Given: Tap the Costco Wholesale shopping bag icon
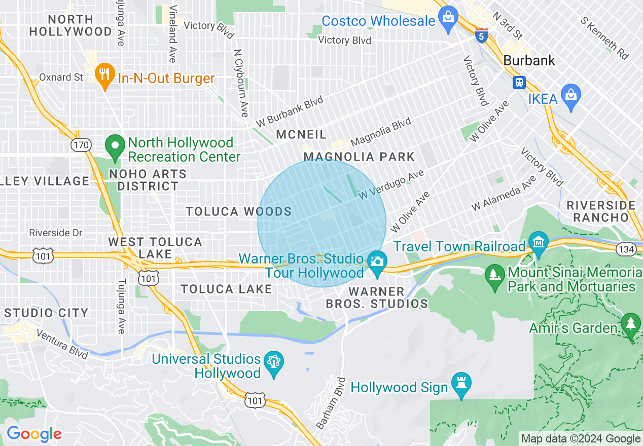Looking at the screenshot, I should coord(448,18).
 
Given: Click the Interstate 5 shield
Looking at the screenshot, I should coord(482,35).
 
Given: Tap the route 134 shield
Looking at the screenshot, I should coord(624,248).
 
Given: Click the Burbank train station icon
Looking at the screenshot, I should coord(519,82).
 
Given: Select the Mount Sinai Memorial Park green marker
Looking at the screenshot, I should coord(494,276).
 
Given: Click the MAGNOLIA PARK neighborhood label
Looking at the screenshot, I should coord(359,157).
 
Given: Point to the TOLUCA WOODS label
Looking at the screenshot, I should coord(238,212).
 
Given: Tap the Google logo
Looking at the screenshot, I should coord(34,434).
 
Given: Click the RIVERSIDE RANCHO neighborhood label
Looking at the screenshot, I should coord(601,211).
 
